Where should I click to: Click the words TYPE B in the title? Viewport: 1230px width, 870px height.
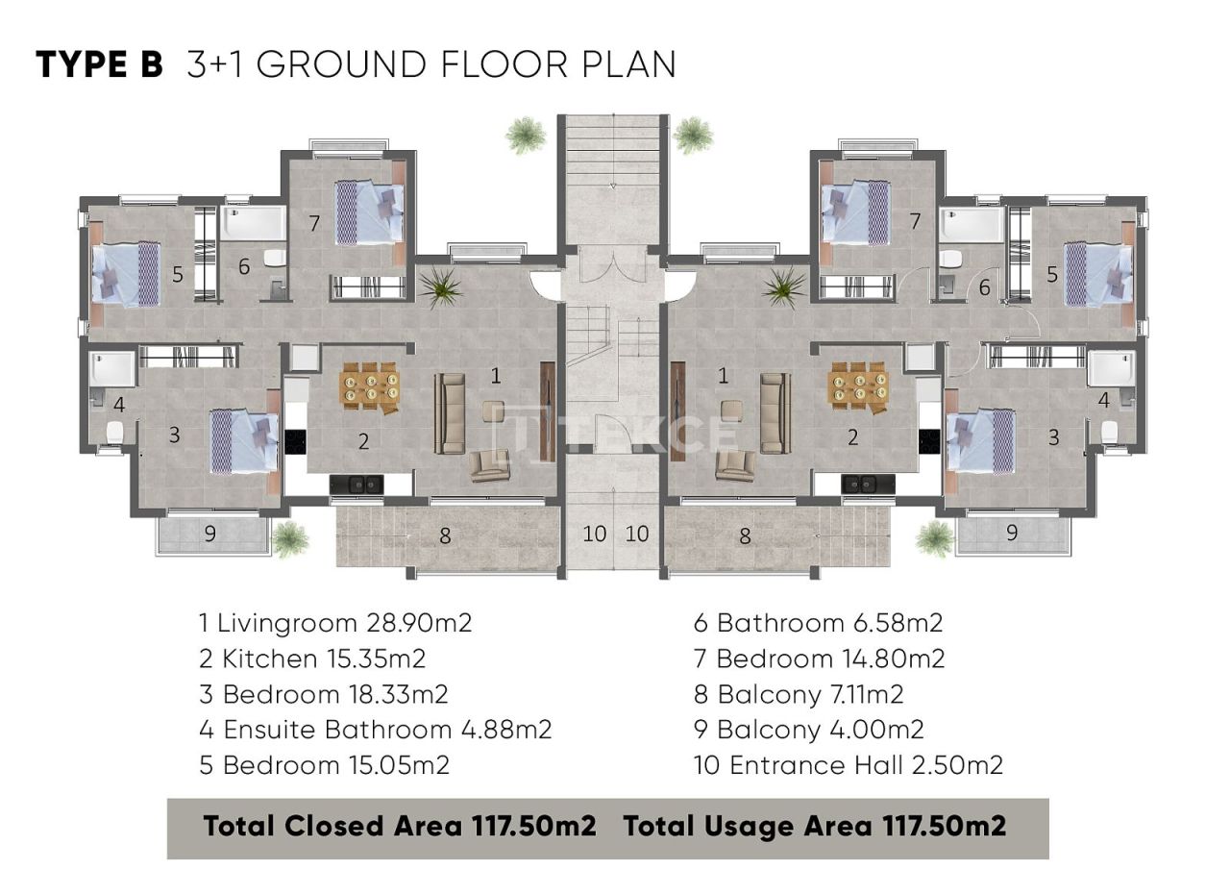[99, 64]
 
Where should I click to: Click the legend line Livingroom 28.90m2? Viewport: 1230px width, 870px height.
[335, 623]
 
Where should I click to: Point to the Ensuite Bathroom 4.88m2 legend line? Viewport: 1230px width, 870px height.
[376, 730]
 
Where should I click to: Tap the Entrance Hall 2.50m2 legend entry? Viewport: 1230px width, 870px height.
[849, 765]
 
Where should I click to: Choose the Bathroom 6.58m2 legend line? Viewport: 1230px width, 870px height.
[819, 623]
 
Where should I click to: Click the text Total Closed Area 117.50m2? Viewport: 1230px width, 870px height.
[400, 826]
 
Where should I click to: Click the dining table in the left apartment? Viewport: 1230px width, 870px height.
[370, 386]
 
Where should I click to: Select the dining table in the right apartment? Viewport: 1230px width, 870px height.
[858, 386]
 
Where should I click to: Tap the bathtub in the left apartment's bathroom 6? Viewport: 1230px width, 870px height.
[252, 224]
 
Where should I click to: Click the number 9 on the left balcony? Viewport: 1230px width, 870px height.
[209, 534]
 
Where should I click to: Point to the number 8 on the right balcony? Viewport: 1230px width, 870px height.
[745, 536]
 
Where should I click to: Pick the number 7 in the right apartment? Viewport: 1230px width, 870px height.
[915, 222]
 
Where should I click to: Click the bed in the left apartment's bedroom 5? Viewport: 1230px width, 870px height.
[126, 274]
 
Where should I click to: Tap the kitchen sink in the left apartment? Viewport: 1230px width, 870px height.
[356, 485]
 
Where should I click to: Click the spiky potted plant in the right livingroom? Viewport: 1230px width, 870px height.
[785, 286]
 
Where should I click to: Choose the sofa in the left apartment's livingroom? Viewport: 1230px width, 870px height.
[450, 413]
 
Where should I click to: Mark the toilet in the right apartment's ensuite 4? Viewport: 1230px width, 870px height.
[1110, 431]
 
